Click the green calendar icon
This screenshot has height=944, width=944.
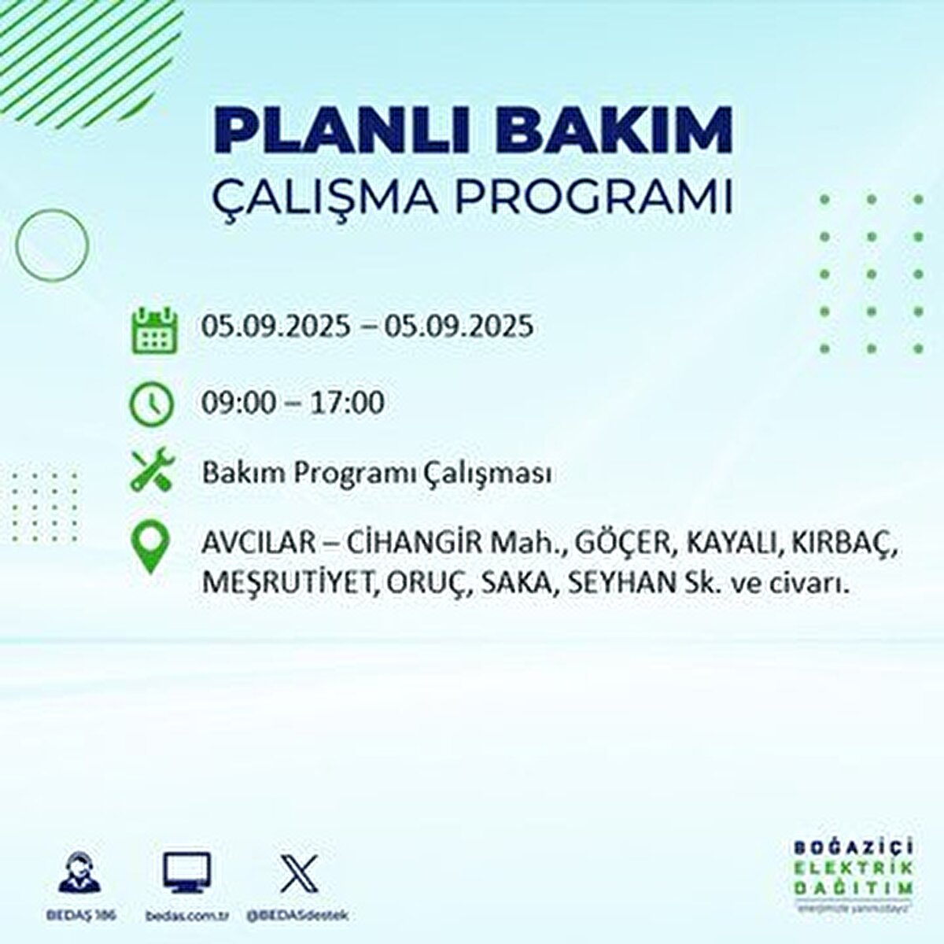coord(150,329)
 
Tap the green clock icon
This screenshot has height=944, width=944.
coord(150,404)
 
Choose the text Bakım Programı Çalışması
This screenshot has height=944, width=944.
coord(376,474)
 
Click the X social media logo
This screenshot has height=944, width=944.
coord(299,873)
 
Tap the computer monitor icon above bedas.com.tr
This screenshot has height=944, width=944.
coord(186,873)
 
